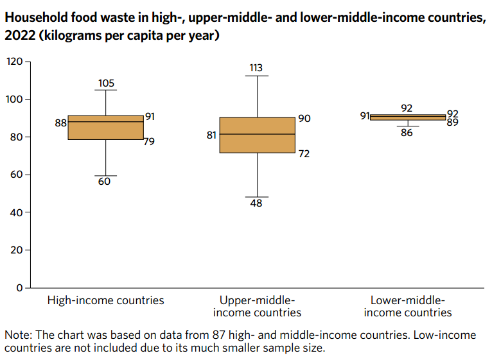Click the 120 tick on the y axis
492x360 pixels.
[x=14, y=62]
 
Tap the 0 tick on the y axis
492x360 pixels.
[x=19, y=287]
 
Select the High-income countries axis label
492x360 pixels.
[x=106, y=300]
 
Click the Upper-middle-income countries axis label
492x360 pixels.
[x=257, y=307]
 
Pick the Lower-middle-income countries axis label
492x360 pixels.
[x=408, y=307]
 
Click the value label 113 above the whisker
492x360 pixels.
[x=257, y=68]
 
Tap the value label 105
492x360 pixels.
[x=106, y=83]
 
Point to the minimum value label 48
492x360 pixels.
[x=257, y=203]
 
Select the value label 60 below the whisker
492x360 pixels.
[x=105, y=182]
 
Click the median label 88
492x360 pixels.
[x=60, y=123]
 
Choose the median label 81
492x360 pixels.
[x=212, y=135]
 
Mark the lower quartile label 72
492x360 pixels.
[x=304, y=154]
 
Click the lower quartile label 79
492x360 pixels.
[x=149, y=141]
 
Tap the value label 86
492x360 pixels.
[x=407, y=133]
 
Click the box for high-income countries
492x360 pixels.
[x=105, y=128]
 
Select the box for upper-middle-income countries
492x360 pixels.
[x=257, y=135]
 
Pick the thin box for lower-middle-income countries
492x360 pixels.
[x=407, y=117]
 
